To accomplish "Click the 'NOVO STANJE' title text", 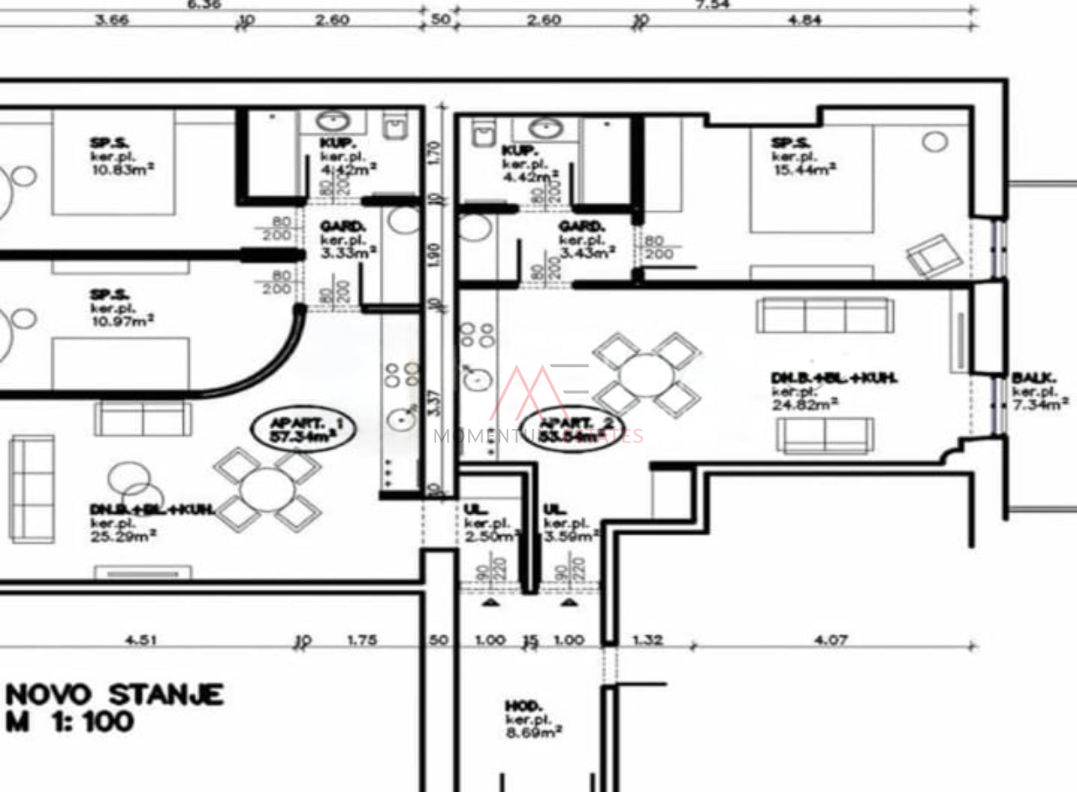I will click(114, 694).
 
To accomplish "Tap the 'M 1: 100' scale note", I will click(70, 722).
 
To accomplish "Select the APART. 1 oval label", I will click(303, 429).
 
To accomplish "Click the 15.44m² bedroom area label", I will click(803, 157).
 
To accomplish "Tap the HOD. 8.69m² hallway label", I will click(533, 719).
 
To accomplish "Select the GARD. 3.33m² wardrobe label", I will click(347, 239).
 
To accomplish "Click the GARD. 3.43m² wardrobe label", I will click(586, 239).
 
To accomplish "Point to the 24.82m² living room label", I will click(833, 391).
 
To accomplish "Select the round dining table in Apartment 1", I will click(265, 489).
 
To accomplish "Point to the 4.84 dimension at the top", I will click(804, 21).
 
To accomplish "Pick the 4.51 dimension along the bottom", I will click(143, 640).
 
